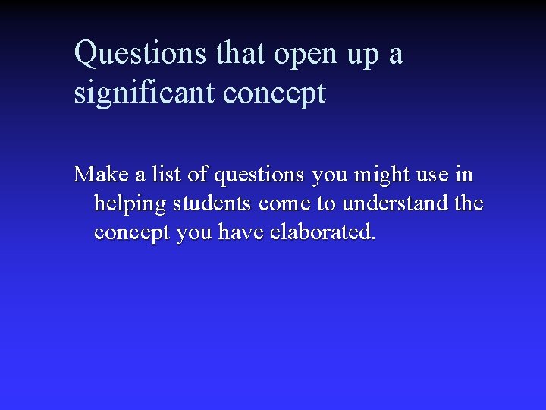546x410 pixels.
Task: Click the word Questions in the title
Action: pos(141,54)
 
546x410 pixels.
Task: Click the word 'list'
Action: pos(166,175)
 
